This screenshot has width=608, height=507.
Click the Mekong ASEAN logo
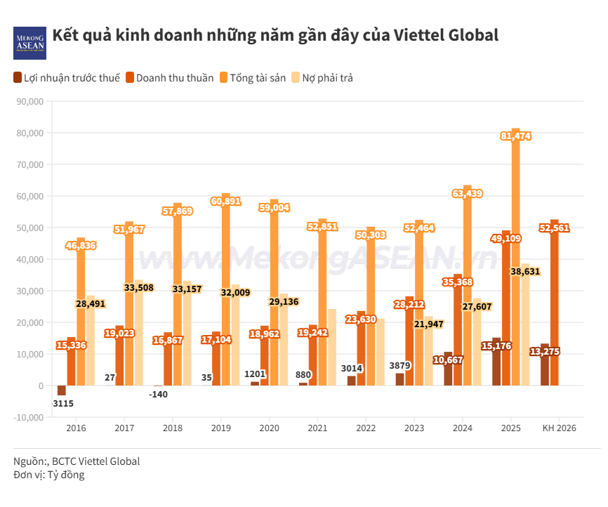point(29,43)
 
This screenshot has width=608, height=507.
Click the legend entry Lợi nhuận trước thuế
point(66,78)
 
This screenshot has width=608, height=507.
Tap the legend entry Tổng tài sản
point(252,78)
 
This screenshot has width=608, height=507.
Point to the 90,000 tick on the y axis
point(29,101)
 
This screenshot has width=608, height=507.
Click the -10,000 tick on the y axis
point(27,417)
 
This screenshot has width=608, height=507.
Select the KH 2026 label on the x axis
point(559,428)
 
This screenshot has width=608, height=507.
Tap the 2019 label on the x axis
point(220,428)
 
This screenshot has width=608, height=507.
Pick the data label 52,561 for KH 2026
point(554,228)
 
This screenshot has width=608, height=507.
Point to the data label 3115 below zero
point(63,403)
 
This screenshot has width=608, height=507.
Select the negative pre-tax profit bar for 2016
point(62,390)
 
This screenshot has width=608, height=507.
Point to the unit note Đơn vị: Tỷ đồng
point(48,475)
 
